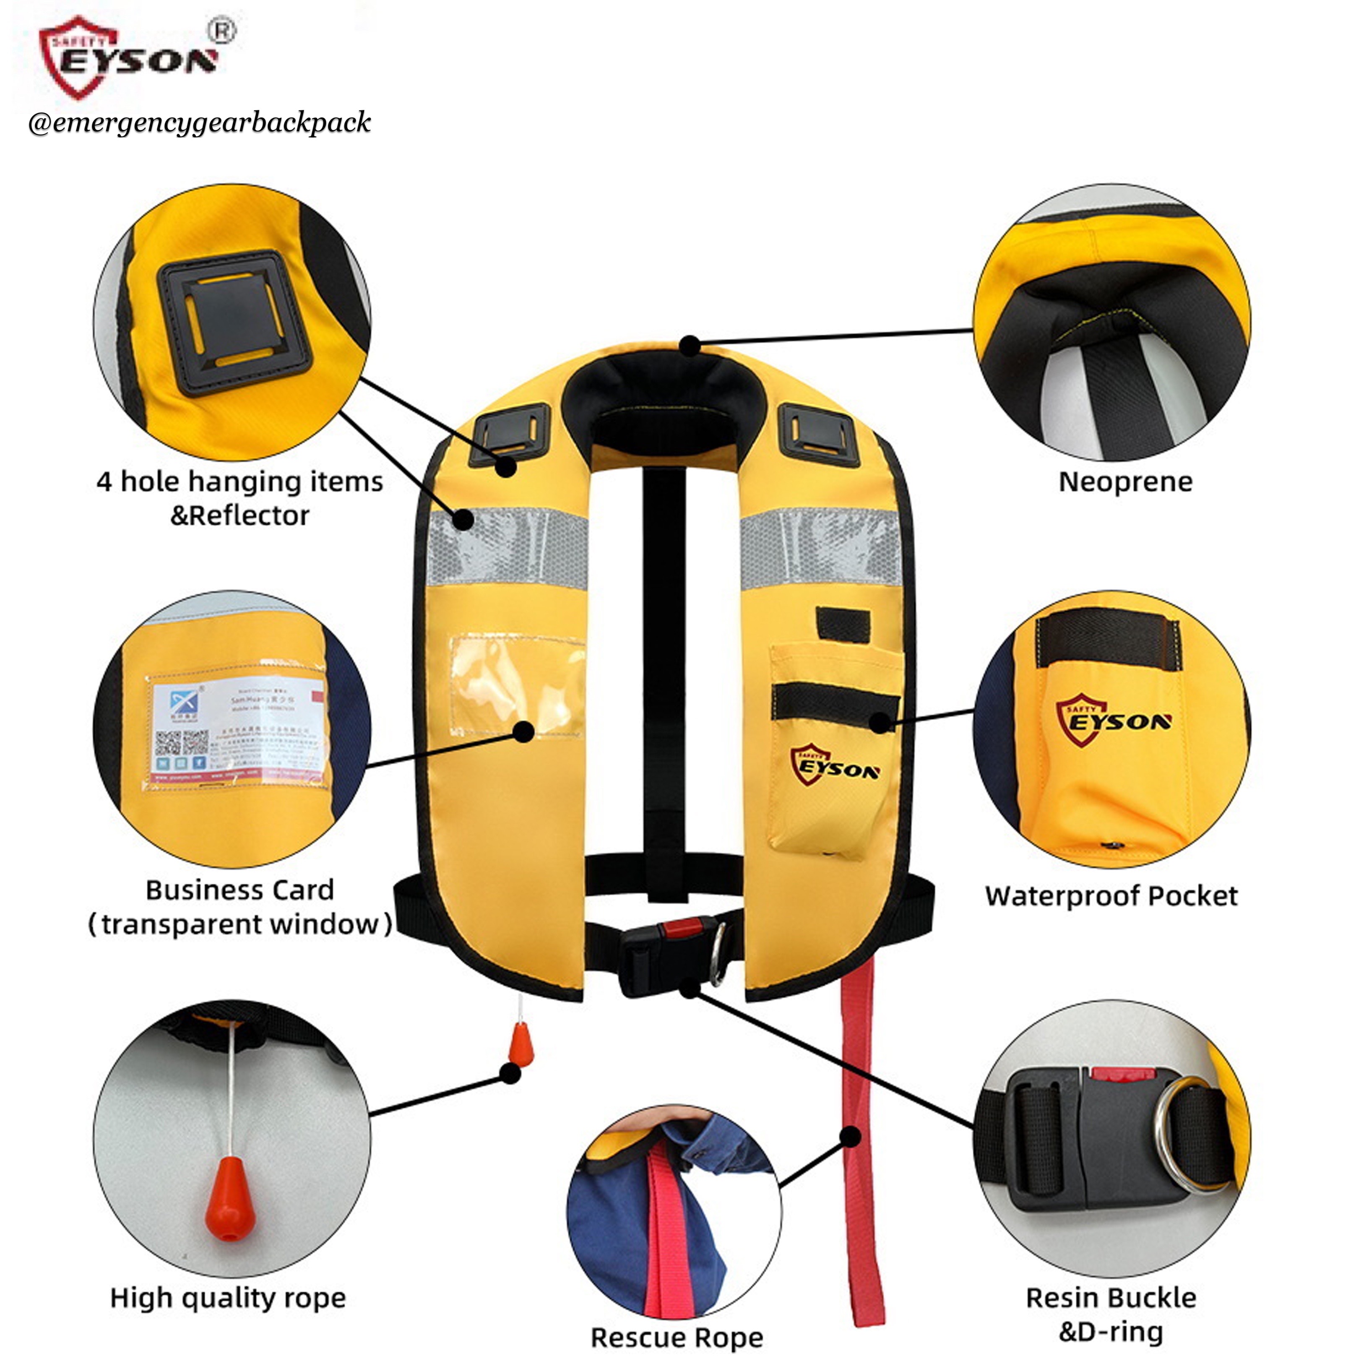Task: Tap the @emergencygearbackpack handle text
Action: pos(199,122)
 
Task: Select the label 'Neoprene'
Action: pos(1125,482)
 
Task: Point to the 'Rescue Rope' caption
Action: pos(677,1338)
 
